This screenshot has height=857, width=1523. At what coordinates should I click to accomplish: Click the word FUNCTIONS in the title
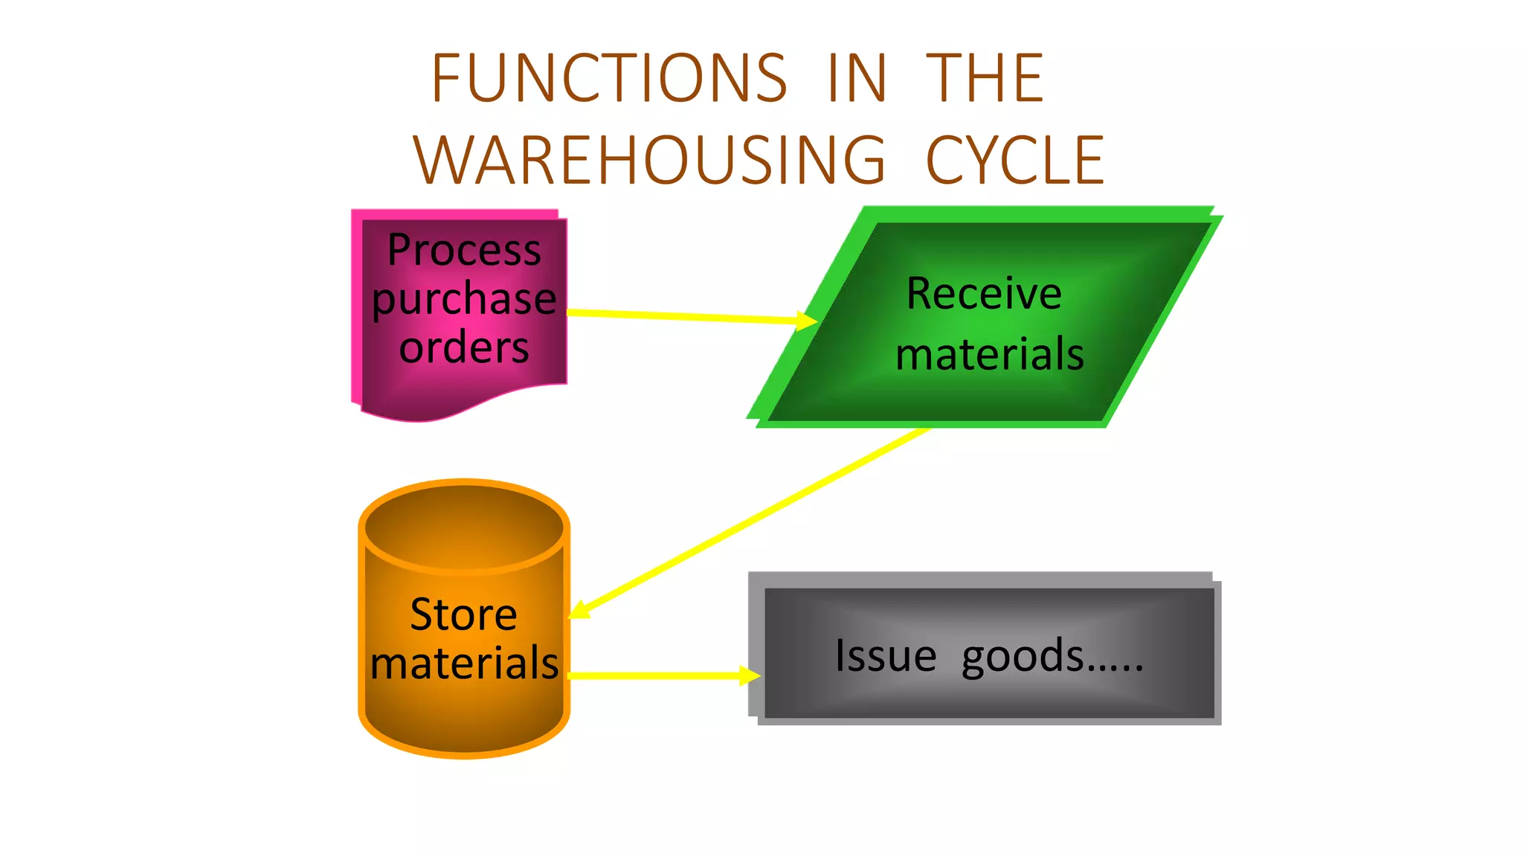pos(608,79)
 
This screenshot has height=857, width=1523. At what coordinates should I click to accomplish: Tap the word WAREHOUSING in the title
pos(649,161)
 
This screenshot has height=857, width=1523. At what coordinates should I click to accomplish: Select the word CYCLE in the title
pos(1015,161)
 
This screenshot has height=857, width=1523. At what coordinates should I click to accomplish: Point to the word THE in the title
pos(985,79)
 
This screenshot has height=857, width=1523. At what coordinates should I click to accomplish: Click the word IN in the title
pos(857,79)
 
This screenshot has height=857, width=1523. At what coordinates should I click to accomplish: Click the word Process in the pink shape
pos(464,250)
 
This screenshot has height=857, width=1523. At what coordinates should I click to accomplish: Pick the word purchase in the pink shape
pos(464,300)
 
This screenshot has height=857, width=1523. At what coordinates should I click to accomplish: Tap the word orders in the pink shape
pos(464,348)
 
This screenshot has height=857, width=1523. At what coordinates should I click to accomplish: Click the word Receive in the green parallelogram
pos(984,294)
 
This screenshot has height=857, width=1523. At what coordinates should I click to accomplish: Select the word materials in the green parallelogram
pos(990,354)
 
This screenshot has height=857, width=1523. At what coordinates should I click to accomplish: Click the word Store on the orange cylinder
pos(463,615)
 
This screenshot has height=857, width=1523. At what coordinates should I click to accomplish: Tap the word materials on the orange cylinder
pos(464,663)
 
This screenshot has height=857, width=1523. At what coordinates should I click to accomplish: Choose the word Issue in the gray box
pos(885,656)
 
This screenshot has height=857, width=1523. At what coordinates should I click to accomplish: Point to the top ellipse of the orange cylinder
pos(464,527)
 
